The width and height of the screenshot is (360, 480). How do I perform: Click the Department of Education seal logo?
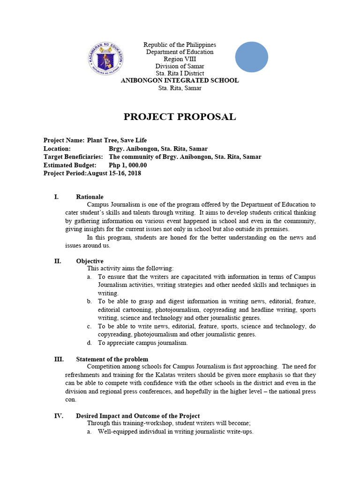[x=106, y=60]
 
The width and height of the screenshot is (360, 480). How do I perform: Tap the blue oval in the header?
[x=251, y=57]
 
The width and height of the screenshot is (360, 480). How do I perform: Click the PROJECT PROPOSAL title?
[x=180, y=117]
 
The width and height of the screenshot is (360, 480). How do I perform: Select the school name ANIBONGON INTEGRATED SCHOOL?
[x=180, y=81]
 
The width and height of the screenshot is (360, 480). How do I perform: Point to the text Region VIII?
[x=180, y=59]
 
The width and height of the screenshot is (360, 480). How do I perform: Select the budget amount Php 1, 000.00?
[x=127, y=165]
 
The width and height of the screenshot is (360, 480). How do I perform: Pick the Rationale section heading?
[x=90, y=197]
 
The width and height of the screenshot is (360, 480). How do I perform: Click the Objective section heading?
[x=90, y=261]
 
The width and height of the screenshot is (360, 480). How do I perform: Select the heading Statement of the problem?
[x=112, y=359]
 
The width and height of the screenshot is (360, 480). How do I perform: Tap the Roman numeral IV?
[x=59, y=416]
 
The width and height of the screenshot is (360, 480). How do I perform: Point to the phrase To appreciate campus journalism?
[x=142, y=343]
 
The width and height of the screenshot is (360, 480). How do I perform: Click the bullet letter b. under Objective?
[x=89, y=301]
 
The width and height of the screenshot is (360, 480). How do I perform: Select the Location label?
[x=57, y=149]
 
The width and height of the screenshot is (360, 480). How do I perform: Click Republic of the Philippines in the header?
[x=180, y=45]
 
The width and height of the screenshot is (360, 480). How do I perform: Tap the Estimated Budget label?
[x=69, y=165]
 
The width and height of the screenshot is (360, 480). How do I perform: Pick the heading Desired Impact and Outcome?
[x=138, y=416]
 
